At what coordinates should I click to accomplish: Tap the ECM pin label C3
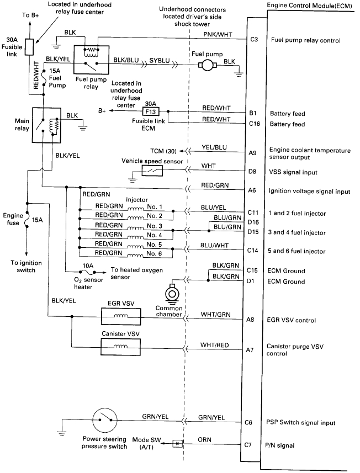click(254, 40)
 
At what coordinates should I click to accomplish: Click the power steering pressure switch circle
click(104, 422)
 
